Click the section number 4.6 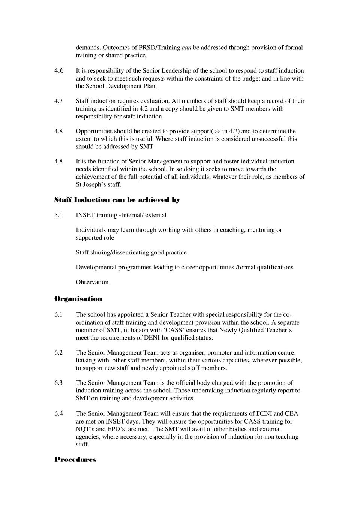click(x=59, y=70)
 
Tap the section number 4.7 click(x=59, y=101)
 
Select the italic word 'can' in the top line click(x=186, y=48)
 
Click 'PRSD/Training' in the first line click(x=159, y=48)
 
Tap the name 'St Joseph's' click(x=91, y=184)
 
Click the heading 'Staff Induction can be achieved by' click(x=117, y=200)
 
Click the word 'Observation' click(x=92, y=282)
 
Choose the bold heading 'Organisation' click(x=78, y=299)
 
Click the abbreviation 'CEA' click(x=292, y=413)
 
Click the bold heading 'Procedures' click(x=75, y=460)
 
